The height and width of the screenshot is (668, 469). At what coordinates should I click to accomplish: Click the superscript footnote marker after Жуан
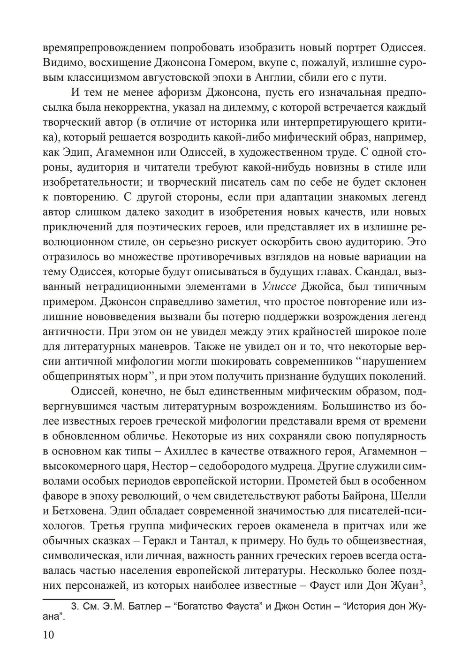coord(422,583)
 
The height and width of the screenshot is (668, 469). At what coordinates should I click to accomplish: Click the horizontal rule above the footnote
coord(78,598)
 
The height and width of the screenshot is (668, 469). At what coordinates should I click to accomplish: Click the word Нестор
coord(177,466)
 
